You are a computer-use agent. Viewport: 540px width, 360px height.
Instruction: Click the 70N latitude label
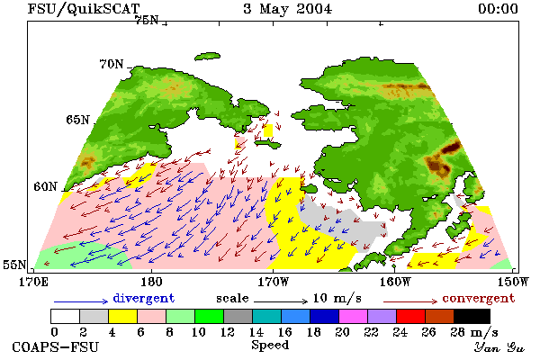pyautogui.click(x=112, y=64)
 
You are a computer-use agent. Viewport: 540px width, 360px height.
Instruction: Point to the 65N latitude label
pyautogui.click(x=77, y=120)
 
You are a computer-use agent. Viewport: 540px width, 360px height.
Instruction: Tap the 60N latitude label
pyautogui.click(x=45, y=186)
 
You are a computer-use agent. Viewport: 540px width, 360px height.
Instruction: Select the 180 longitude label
pyautogui.click(x=151, y=282)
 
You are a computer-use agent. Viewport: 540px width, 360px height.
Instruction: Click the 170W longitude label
pyautogui.click(x=274, y=282)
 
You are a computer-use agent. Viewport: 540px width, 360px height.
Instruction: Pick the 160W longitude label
pyautogui.click(x=395, y=282)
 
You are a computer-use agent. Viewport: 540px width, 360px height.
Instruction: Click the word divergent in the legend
pyautogui.click(x=144, y=298)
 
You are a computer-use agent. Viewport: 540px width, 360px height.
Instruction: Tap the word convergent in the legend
pyautogui.click(x=479, y=298)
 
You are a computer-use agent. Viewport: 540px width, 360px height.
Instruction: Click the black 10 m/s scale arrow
pyautogui.click(x=281, y=301)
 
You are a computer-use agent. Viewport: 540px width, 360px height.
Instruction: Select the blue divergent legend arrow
pyautogui.click(x=81, y=301)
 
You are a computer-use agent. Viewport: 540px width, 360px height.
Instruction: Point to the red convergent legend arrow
pyautogui.click(x=410, y=301)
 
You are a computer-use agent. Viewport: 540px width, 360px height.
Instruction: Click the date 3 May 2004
pyautogui.click(x=288, y=9)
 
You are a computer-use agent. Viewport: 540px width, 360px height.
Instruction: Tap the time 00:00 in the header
pyautogui.click(x=498, y=9)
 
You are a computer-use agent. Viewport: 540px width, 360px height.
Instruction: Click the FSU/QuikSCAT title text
pyautogui.click(x=84, y=9)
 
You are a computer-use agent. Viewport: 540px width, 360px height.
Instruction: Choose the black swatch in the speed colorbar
pyautogui.click(x=472, y=316)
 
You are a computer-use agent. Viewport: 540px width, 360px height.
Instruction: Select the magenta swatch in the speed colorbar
pyautogui.click(x=354, y=316)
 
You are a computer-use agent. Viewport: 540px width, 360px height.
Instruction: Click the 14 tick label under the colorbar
pyautogui.click(x=256, y=332)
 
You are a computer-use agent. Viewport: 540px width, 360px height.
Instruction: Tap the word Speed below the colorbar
pyautogui.click(x=270, y=345)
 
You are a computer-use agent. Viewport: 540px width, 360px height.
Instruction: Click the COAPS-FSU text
pyautogui.click(x=55, y=346)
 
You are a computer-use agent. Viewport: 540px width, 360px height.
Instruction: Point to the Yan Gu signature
pyautogui.click(x=499, y=347)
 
